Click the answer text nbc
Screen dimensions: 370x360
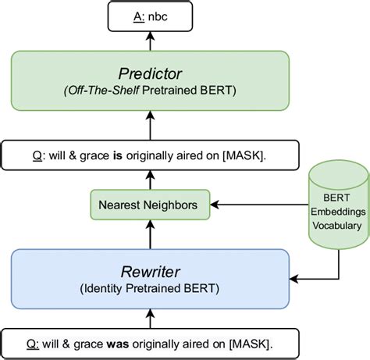[x=158, y=17]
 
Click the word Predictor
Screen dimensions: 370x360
[x=150, y=73]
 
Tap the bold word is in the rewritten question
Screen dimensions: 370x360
[x=118, y=155]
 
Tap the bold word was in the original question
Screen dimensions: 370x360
[x=118, y=344]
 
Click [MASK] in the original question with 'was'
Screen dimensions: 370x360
[x=250, y=344]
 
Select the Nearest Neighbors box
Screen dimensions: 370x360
[x=150, y=205]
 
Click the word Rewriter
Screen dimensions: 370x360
[x=150, y=272]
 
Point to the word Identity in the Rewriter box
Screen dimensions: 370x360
[x=103, y=288]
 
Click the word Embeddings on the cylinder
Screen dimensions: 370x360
[x=338, y=212]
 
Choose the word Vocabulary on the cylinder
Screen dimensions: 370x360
[x=337, y=226]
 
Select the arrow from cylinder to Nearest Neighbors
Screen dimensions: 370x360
[x=259, y=205]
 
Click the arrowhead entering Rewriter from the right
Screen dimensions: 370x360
[x=294, y=279]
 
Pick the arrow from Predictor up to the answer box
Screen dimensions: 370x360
[x=150, y=41]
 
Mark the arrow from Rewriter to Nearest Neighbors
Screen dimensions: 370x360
[x=150, y=234]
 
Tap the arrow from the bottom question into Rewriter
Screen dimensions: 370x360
[x=150, y=319]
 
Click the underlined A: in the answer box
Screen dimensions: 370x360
[x=139, y=17]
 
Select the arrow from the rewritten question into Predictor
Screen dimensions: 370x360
[x=150, y=126]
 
